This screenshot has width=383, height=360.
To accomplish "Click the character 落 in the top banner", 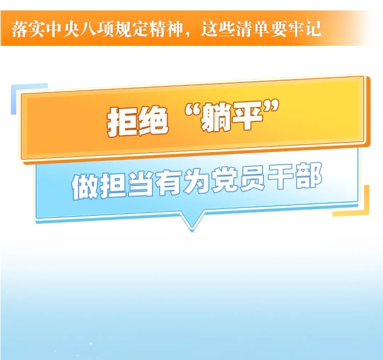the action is tap(20, 29).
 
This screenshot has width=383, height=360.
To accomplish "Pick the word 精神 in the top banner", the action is tap(166, 29).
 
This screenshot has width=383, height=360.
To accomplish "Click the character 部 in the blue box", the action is tap(308, 176).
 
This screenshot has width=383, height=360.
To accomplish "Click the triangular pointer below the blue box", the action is tap(192, 222).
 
